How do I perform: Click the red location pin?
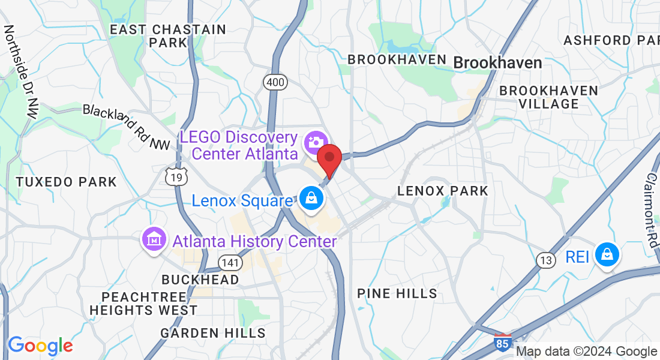[329, 158]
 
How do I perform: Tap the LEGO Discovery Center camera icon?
[314, 142]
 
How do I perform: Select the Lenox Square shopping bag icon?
[311, 199]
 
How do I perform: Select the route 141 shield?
[230, 262]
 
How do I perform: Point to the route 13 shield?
[545, 260]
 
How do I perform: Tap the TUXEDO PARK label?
[66, 182]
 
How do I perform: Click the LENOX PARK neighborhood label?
[443, 191]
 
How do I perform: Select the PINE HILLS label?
[397, 293]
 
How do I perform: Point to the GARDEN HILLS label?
[213, 333]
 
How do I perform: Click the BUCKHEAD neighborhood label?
[200, 280]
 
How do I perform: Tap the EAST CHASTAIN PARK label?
[168, 36]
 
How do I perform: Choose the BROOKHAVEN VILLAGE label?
[549, 97]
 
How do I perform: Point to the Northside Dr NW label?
[19, 71]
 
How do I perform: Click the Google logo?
[40, 346]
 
